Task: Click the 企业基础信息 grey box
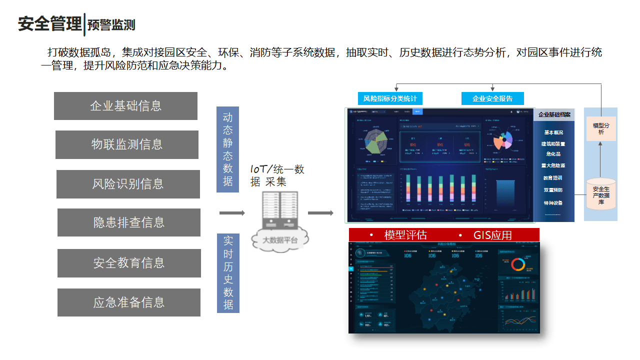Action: click(125, 106)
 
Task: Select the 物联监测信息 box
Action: click(127, 144)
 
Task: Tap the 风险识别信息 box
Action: click(128, 184)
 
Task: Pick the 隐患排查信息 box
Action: click(129, 222)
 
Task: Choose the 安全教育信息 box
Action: click(129, 263)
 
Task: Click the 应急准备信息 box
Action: click(129, 302)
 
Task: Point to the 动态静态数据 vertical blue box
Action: click(228, 149)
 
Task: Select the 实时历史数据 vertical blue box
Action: click(228, 273)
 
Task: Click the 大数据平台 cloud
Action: click(280, 240)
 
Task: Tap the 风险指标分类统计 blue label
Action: click(390, 98)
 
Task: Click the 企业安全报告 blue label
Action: click(492, 98)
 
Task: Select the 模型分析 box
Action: click(601, 128)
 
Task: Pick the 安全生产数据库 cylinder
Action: click(601, 194)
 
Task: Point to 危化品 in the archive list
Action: click(553, 154)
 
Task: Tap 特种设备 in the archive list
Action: click(553, 203)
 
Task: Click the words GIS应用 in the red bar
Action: click(492, 235)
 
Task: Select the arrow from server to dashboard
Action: click(320, 213)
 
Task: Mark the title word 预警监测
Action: click(111, 24)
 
